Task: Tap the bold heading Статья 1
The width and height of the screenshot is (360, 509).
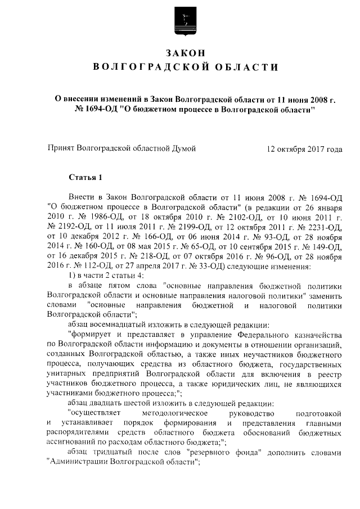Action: point(85,178)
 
